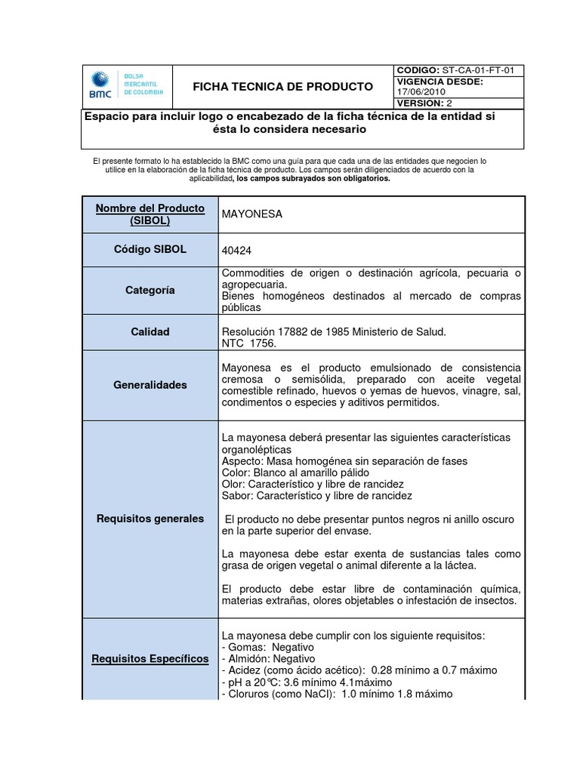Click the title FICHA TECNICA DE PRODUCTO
pyautogui.click(x=282, y=86)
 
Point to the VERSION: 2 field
pyautogui.click(x=424, y=102)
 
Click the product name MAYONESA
pyautogui.click(x=251, y=214)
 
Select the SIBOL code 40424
pyautogui.click(x=236, y=250)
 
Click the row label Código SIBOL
pyautogui.click(x=150, y=249)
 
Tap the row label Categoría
pyautogui.click(x=150, y=290)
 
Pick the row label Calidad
pyautogui.click(x=150, y=331)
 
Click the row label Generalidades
pyautogui.click(x=150, y=384)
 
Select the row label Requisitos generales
pyautogui.click(x=150, y=519)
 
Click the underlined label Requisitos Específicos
pyautogui.click(x=150, y=659)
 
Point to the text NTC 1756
pyautogui.click(x=249, y=343)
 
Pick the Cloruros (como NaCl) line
pyautogui.click(x=337, y=694)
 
